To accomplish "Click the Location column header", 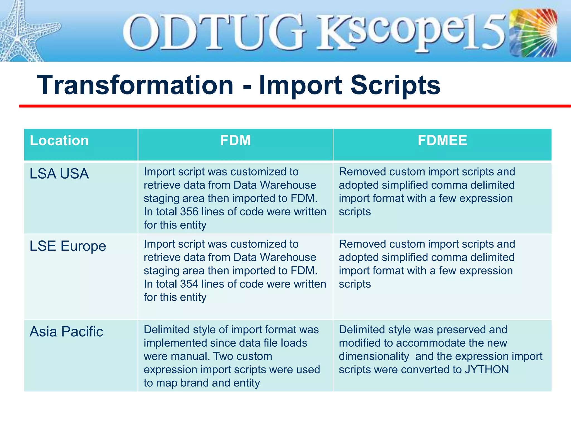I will (x=59, y=140).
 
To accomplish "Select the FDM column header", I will (x=235, y=140).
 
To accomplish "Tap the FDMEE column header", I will (x=442, y=140).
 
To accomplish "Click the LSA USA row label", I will (x=59, y=174).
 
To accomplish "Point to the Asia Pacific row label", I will (x=66, y=332).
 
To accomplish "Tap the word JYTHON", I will (x=487, y=370).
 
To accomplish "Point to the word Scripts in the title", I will (x=395, y=85).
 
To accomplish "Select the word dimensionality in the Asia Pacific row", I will (x=374, y=357).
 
